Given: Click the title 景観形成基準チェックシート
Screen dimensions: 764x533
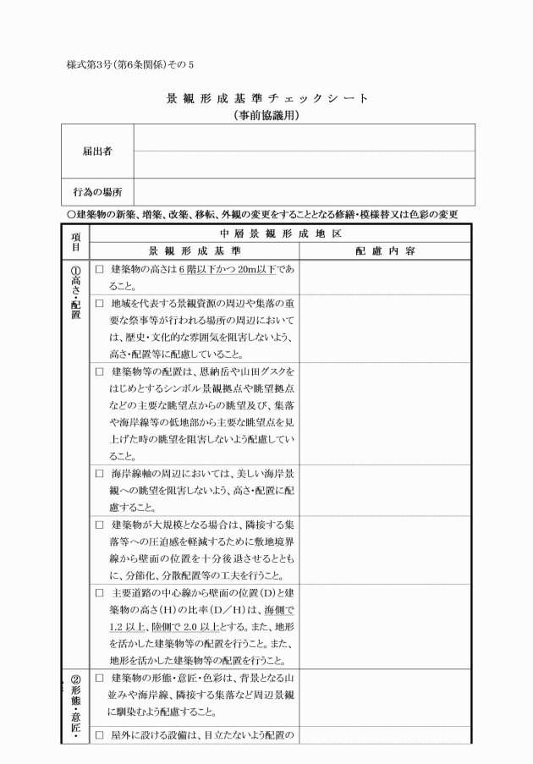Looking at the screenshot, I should pyautogui.click(x=268, y=98).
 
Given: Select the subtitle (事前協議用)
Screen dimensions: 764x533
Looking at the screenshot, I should pyautogui.click(x=268, y=115).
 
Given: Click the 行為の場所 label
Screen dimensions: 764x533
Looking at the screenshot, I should pyautogui.click(x=97, y=191).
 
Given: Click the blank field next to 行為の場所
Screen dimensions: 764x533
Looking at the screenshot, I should pyautogui.click(x=304, y=191).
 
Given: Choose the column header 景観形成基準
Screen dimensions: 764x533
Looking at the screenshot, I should pyautogui.click(x=194, y=251).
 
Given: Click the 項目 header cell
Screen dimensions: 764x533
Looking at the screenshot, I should pyautogui.click(x=74, y=242).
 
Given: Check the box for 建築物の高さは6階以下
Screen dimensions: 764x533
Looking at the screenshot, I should pyautogui.click(x=99, y=269).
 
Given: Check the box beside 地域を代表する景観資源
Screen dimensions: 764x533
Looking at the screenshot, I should pyautogui.click(x=99, y=303).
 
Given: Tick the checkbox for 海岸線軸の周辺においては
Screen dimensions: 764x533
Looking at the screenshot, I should pyautogui.click(x=99, y=475).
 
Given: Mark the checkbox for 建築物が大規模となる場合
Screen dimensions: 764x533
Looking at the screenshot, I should pyautogui.click(x=99, y=525).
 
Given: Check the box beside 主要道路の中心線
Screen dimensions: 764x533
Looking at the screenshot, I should pyautogui.click(x=99, y=593).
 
